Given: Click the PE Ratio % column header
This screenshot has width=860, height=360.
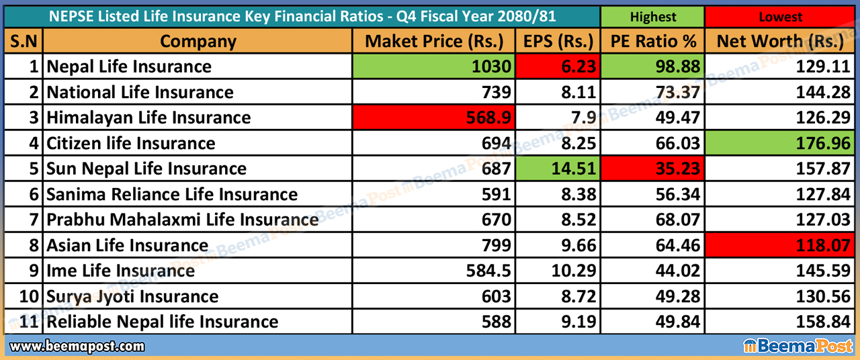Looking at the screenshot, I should click(652, 42).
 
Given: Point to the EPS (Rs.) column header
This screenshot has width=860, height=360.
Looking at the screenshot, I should click(558, 42).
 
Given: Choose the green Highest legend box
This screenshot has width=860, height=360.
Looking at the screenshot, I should click(652, 17).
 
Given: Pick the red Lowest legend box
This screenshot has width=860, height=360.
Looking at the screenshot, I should click(780, 17).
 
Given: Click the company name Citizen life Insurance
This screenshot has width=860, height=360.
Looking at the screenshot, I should click(131, 144).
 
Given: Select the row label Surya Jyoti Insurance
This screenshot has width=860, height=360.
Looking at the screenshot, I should click(132, 297).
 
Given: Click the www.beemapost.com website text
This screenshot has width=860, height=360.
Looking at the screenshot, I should click(78, 347).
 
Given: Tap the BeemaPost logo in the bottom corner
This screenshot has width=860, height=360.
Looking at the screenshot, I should click(798, 347).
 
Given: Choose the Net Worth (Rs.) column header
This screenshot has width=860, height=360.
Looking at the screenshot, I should click(780, 42).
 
